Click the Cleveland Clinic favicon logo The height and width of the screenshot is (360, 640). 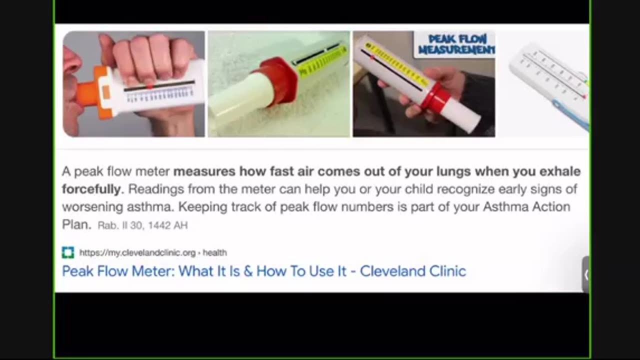click(x=68, y=252)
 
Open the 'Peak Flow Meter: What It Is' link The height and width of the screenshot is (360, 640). click(x=264, y=271)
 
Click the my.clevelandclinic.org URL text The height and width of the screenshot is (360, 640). click(x=137, y=252)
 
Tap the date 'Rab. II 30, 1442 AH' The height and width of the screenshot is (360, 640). click(x=142, y=225)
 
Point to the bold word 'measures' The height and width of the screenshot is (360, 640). click(x=204, y=171)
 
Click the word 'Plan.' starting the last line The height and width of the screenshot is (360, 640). click(x=76, y=224)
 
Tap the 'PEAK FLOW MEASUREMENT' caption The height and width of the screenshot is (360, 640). click(x=456, y=44)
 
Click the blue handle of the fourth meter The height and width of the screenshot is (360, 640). click(x=571, y=114)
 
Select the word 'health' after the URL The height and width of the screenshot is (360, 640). click(x=215, y=252)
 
